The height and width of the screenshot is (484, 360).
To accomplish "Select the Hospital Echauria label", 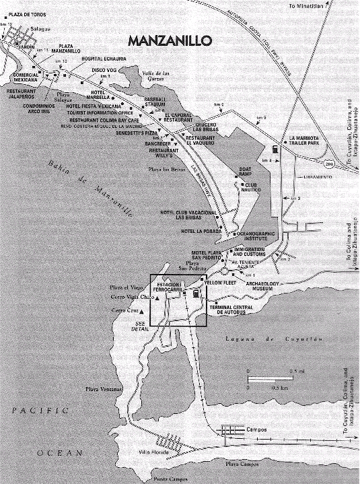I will [x=106, y=59].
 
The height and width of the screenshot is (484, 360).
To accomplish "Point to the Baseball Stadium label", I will [x=154, y=102].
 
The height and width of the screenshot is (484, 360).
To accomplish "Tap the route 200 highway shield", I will [x=329, y=164].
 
